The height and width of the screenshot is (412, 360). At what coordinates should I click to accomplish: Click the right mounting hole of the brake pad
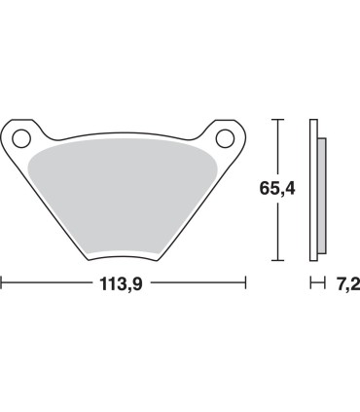click(x=224, y=134)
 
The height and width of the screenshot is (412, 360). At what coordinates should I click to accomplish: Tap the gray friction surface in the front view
click(x=125, y=195)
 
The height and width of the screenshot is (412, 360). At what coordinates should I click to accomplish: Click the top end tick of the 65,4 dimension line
click(x=278, y=120)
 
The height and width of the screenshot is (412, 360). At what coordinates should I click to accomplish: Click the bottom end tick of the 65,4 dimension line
click(x=278, y=260)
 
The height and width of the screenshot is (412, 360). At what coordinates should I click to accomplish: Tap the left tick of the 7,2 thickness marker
click(x=310, y=283)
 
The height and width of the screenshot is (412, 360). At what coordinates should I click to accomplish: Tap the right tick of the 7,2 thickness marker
click(x=322, y=283)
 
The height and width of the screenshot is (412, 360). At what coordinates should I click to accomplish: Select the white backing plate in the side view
click(x=313, y=190)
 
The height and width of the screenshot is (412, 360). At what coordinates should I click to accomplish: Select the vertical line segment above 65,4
click(x=278, y=146)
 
